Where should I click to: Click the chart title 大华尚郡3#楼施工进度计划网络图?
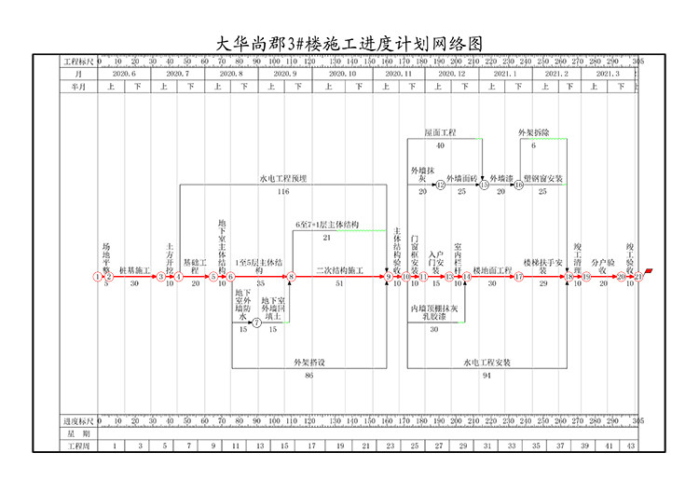tap(349, 43)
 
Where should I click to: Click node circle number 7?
tap(257, 322)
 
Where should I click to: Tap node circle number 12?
tap(441, 185)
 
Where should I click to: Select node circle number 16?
tap(519, 185)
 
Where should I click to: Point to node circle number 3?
tap(160, 277)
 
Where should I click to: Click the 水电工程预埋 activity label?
tap(282, 178)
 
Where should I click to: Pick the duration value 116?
tap(282, 191)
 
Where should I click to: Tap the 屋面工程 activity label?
tap(440, 133)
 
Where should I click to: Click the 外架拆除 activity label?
tap(534, 133)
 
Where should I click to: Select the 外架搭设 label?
tap(308, 363)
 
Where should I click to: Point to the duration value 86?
tap(308, 375)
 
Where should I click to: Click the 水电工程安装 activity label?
tap(487, 363)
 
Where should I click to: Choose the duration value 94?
tap(487, 375)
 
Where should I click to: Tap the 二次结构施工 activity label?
tap(338, 270)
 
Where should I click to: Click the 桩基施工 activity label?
tap(134, 270)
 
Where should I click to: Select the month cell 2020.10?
tap(341, 73)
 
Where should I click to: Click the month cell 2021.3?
tap(606, 73)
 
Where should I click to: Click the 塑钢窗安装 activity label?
tap(542, 178)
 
